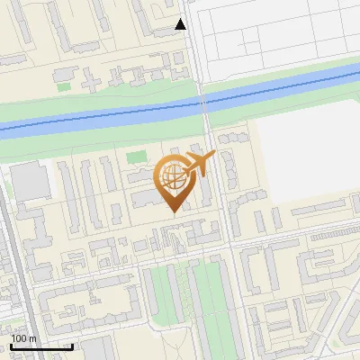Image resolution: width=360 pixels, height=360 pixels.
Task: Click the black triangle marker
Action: tap(181, 24)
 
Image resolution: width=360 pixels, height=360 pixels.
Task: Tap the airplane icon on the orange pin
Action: tap(198, 165)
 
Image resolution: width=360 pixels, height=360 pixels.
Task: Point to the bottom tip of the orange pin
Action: tap(174, 212)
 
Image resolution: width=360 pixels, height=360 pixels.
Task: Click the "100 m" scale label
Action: tap(23, 338)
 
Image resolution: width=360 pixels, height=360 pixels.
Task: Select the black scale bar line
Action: tap(41, 346)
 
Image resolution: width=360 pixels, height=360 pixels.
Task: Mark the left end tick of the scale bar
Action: tap(11, 345)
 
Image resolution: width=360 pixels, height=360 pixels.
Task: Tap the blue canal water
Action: tap(108, 114)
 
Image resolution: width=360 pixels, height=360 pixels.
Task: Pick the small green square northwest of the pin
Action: tap(136, 159)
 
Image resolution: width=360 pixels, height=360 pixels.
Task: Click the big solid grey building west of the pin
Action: tap(31, 181)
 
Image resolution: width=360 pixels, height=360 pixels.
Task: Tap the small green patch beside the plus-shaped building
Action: tap(64, 86)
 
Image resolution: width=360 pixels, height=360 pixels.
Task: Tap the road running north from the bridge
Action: tap(194, 54)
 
